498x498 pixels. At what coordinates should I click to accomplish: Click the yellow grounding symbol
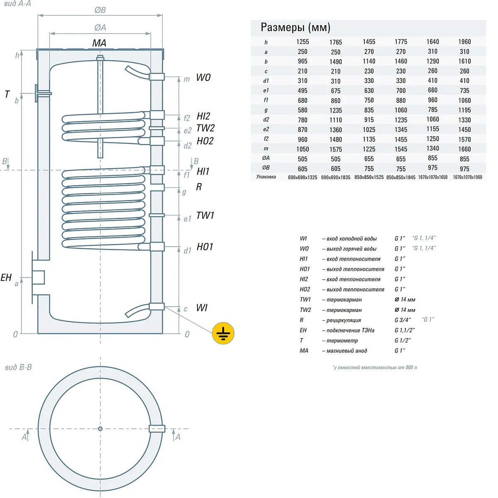[x=223, y=333]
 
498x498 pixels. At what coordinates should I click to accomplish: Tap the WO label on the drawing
[x=203, y=77]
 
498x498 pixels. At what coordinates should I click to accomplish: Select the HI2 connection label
[x=203, y=116]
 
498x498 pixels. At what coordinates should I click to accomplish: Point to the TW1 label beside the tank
[x=205, y=215]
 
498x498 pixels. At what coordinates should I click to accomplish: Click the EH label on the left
[x=6, y=278]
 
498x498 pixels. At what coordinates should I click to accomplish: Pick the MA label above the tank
[x=99, y=43]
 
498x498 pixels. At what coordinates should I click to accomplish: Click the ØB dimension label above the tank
[x=100, y=10]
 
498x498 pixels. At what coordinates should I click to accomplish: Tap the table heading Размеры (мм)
[x=295, y=27]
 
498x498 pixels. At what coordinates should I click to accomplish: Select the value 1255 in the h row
[x=303, y=42]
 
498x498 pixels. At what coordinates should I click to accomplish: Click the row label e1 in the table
[x=266, y=90]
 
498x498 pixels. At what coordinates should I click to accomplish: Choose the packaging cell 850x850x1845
[x=400, y=177]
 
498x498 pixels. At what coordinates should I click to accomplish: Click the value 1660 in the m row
[x=464, y=149]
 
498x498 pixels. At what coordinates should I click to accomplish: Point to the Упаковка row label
[x=266, y=177]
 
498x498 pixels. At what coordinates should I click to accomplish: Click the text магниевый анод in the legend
[x=347, y=351]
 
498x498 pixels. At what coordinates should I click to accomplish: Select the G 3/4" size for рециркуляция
[x=403, y=320]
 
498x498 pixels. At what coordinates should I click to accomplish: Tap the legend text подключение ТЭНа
[x=350, y=330]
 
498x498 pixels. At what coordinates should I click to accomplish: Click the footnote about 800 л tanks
[x=375, y=367]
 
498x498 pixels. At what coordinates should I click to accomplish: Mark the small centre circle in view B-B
[x=100, y=429]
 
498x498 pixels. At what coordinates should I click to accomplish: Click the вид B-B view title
[x=18, y=367]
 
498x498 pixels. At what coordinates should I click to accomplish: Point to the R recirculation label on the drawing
[x=199, y=187]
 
